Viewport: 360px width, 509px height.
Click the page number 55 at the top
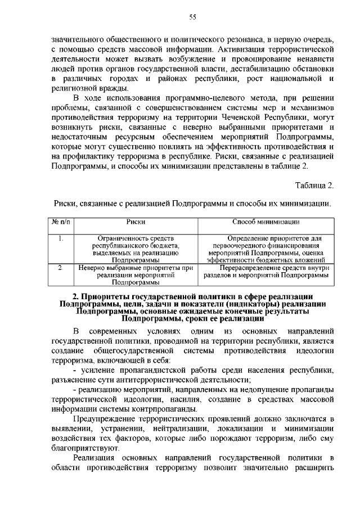tap(192, 17)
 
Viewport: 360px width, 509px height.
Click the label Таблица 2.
tap(314, 185)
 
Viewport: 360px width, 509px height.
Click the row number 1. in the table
tap(61, 238)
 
